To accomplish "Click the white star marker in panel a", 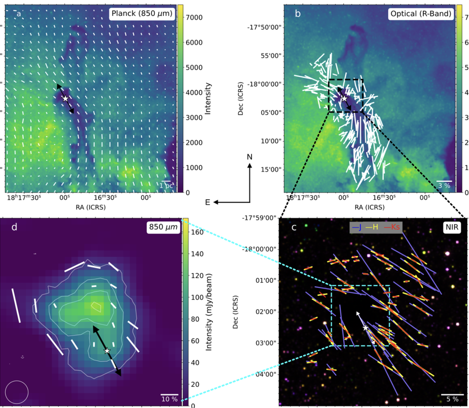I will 65,98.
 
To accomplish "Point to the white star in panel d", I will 107,350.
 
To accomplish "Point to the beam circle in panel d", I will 16,392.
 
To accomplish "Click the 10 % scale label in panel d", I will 169,399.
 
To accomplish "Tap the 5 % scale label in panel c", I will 452,399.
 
